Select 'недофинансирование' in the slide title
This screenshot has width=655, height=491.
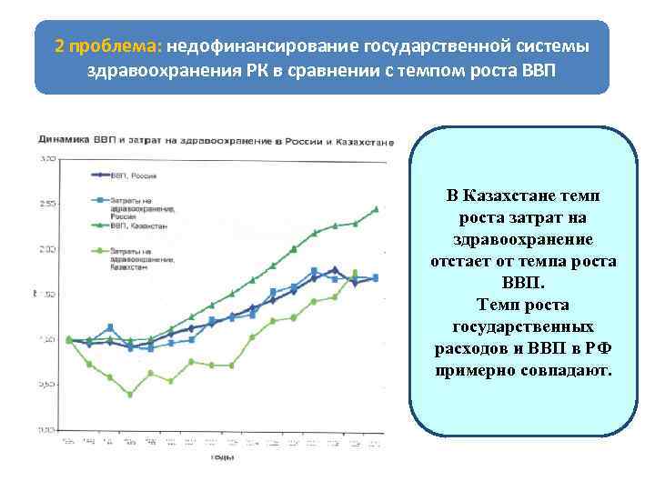[257, 45]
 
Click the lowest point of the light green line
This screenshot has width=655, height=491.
[130, 395]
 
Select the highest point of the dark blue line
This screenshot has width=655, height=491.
[336, 269]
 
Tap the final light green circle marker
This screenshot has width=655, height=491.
[355, 273]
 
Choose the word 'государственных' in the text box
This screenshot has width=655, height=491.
[523, 326]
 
